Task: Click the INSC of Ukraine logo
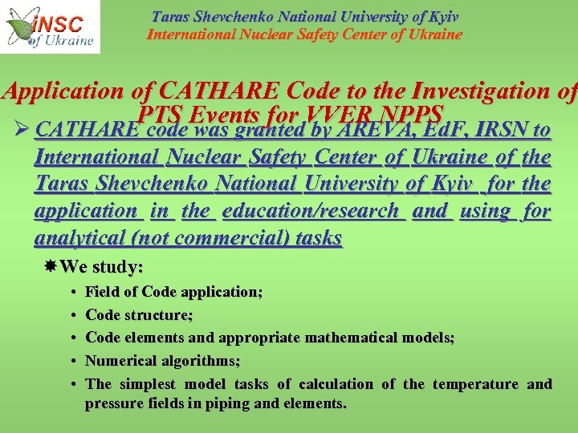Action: tap(50, 26)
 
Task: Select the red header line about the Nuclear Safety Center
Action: tap(304, 34)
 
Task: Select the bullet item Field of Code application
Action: tap(173, 292)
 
